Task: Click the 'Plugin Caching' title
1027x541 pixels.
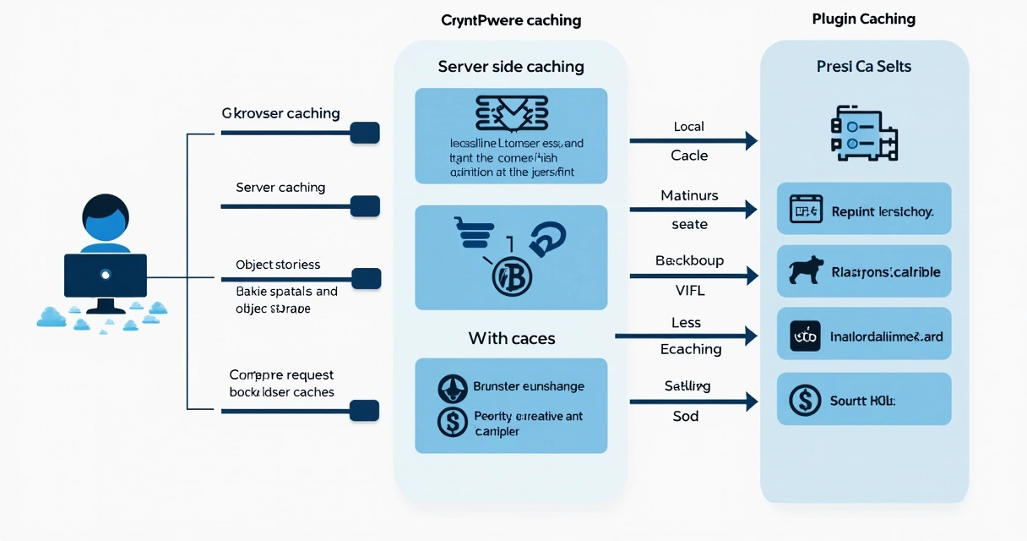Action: click(x=863, y=19)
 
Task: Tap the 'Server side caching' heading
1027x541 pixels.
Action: click(x=511, y=66)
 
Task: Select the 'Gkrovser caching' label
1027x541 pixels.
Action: click(x=280, y=113)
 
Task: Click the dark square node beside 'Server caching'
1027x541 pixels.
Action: click(x=365, y=205)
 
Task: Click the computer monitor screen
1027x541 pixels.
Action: click(x=106, y=275)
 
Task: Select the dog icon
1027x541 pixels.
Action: click(x=807, y=271)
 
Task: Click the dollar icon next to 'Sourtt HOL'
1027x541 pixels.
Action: click(x=804, y=400)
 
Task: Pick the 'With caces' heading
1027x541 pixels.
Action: click(x=511, y=339)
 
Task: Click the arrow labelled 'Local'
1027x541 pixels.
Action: click(x=693, y=141)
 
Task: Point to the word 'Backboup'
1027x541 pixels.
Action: click(x=689, y=260)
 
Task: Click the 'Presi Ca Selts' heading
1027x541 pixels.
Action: click(x=863, y=66)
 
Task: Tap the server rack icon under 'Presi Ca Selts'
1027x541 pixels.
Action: click(x=863, y=132)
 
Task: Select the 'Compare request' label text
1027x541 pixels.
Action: click(x=281, y=374)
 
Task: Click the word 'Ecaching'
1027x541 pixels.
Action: click(x=690, y=349)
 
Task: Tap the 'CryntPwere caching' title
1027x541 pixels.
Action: click(x=511, y=20)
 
